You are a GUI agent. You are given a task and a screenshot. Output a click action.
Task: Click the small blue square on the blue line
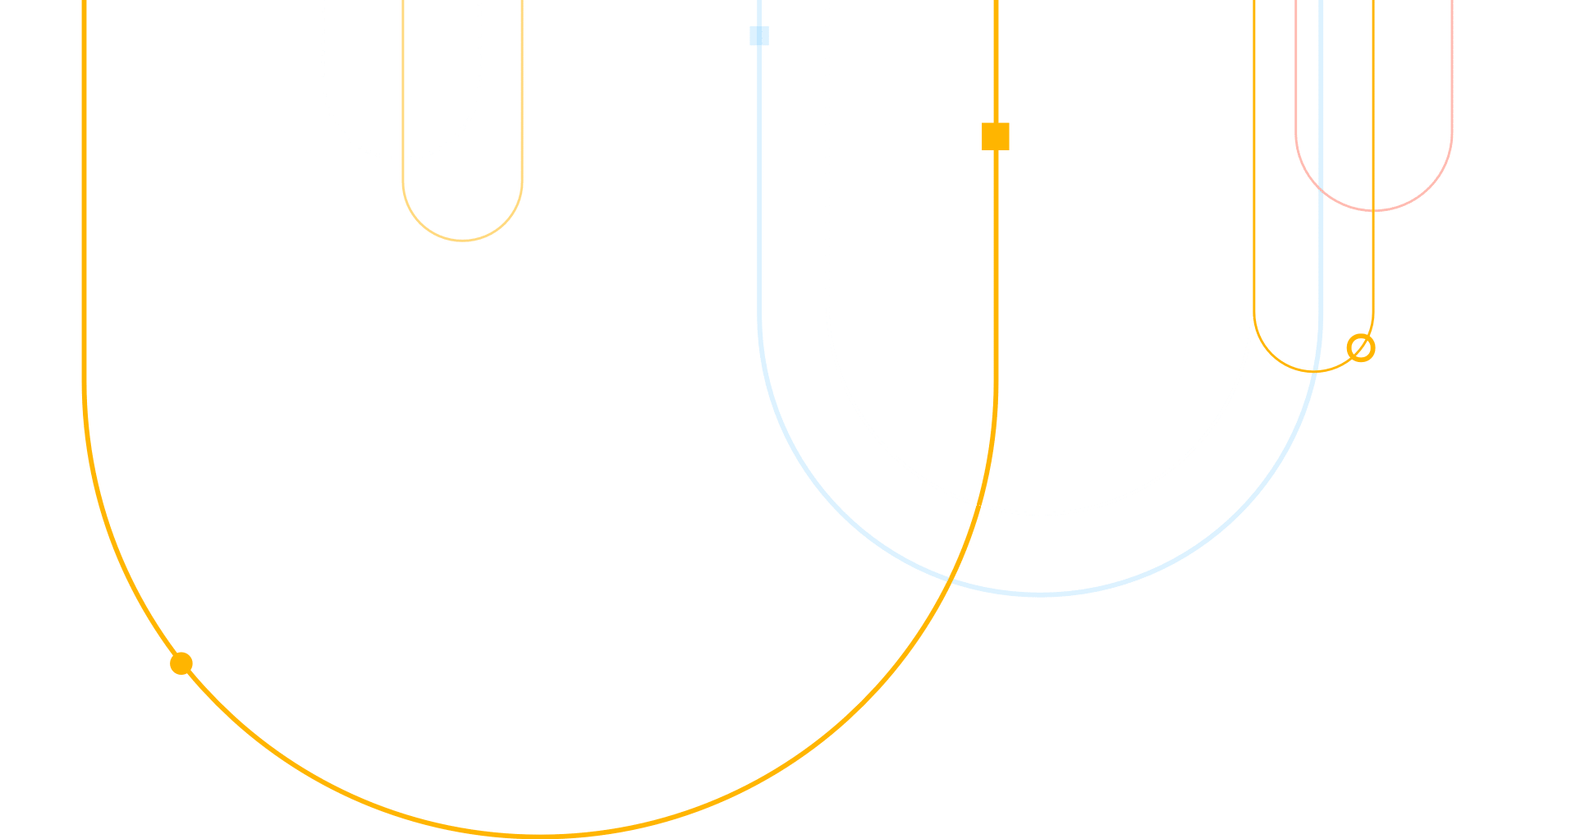(759, 35)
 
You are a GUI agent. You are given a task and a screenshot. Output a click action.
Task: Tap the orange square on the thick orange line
(996, 136)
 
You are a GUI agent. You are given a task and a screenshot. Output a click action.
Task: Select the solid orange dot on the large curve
(181, 663)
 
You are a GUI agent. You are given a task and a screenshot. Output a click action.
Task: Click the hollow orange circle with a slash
(1360, 348)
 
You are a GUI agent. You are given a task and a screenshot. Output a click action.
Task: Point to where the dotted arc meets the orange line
(402, 158)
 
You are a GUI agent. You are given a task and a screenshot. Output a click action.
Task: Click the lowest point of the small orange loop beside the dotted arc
(463, 241)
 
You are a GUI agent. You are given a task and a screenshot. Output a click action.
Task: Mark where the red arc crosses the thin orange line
(1373, 211)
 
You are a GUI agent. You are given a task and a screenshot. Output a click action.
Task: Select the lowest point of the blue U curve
(1040, 594)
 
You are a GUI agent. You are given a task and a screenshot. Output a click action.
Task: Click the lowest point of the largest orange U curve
(540, 835)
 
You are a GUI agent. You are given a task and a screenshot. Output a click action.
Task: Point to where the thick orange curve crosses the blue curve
(950, 580)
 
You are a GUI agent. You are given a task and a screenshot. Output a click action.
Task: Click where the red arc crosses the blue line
(1320, 190)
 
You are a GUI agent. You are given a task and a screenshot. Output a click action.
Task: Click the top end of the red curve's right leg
(1452, 2)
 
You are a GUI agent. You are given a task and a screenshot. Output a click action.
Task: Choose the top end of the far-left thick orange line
(84, 2)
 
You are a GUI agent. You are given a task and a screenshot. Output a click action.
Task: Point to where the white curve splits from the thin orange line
(1253, 316)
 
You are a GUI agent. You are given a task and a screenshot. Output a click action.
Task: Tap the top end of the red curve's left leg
(1296, 2)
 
